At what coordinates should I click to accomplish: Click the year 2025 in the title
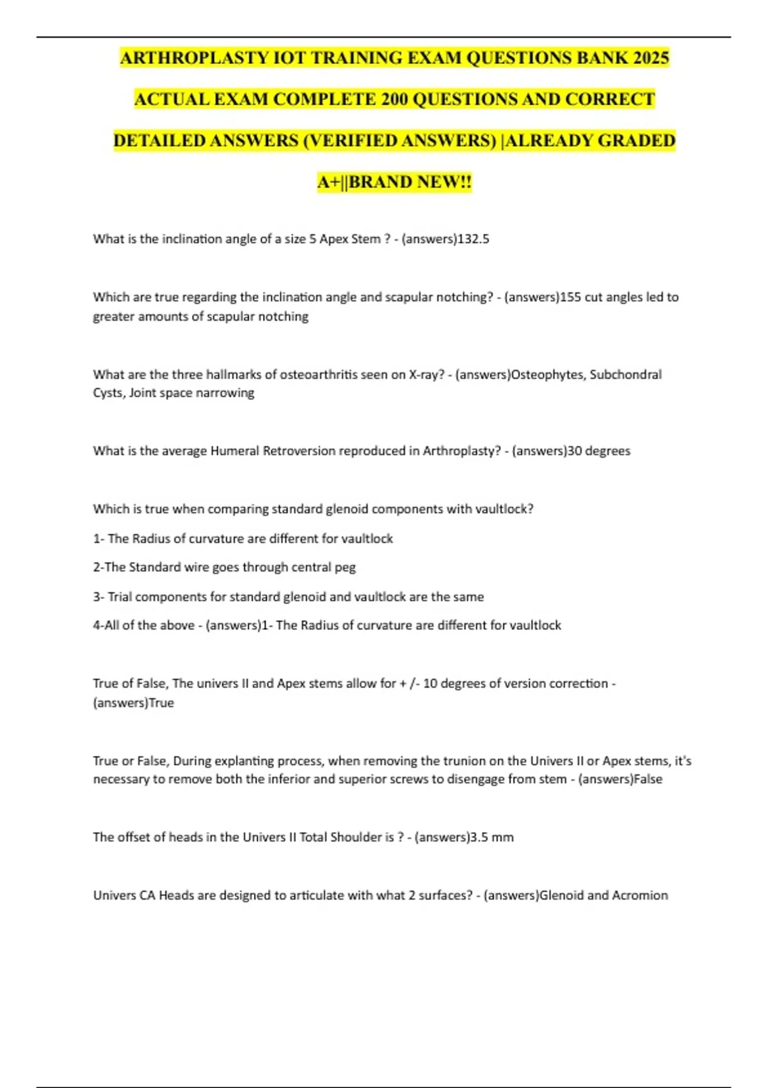(x=651, y=58)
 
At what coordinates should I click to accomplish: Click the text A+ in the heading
(x=330, y=182)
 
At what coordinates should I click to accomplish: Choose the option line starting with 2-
(x=224, y=567)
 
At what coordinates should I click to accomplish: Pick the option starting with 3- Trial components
(x=288, y=596)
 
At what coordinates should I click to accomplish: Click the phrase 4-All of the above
(x=143, y=625)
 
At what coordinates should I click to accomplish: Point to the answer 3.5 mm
(x=492, y=837)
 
